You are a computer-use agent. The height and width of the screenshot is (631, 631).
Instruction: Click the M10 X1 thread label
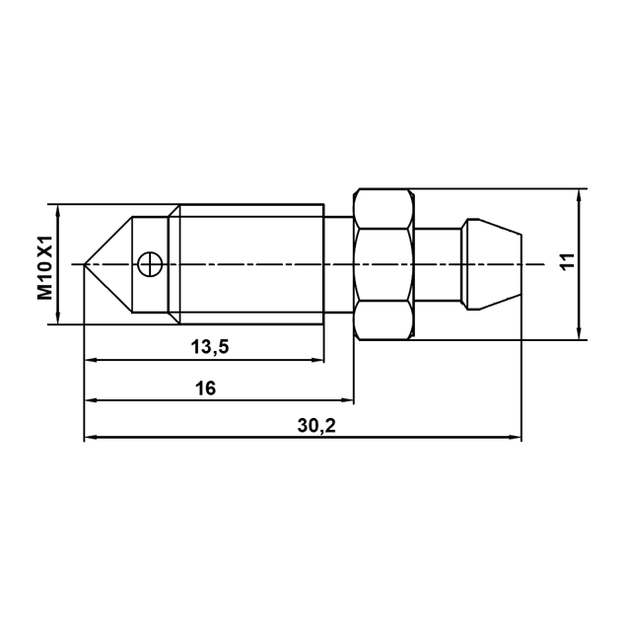[45, 267]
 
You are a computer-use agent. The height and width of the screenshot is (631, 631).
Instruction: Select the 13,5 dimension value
[209, 346]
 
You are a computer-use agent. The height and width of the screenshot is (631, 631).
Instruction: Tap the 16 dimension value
[206, 388]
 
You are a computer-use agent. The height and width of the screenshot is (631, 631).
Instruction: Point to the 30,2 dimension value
[316, 425]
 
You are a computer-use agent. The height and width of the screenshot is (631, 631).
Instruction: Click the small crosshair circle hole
[150, 264]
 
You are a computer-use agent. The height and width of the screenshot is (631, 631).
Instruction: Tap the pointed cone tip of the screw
[85, 264]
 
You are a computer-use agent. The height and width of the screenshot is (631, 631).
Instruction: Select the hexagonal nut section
[384, 264]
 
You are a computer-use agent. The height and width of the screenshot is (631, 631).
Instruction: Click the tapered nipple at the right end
[491, 264]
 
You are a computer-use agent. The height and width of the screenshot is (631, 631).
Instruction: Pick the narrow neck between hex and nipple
[438, 264]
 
